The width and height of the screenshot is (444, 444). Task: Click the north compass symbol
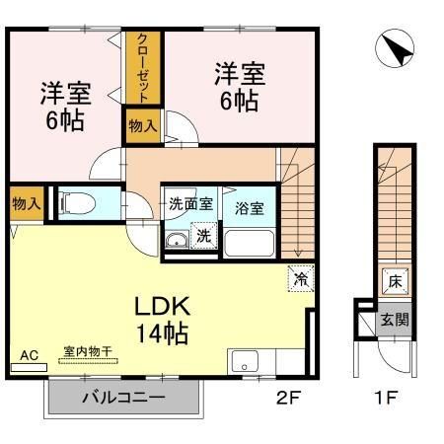[x=395, y=48]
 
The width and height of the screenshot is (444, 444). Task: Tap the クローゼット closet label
[x=143, y=68]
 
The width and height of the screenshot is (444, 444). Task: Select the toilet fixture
[x=77, y=203]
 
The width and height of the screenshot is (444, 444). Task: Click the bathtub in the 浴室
[x=249, y=244]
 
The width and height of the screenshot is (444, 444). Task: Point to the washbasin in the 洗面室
[x=177, y=240]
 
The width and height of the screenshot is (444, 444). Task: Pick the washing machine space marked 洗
[x=204, y=236]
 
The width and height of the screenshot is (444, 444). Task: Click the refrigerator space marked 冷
[x=301, y=278]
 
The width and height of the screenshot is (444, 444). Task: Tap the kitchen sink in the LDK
[x=245, y=361]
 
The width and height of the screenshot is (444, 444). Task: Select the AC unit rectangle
[x=29, y=367]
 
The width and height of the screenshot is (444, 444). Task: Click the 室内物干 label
[x=88, y=351]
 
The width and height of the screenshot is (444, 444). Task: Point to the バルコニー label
[x=123, y=398]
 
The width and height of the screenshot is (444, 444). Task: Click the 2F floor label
[x=288, y=398]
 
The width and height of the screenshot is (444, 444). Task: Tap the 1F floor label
[x=387, y=398]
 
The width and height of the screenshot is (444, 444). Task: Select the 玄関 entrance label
[x=395, y=319]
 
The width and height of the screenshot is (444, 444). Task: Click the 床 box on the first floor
[x=395, y=281]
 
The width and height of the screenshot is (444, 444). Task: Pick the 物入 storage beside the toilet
[x=27, y=204]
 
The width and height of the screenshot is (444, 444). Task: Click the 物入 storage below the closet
[x=143, y=126]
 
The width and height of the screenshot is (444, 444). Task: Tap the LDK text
[x=163, y=307]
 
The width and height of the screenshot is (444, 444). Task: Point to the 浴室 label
[x=249, y=208]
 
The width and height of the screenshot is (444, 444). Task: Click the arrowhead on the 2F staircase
[x=298, y=254]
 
